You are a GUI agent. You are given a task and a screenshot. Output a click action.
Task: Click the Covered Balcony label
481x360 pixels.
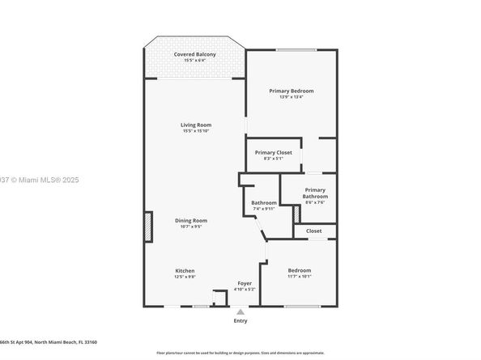[x=194, y=54]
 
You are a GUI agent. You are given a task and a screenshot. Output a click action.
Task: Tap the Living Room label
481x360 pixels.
[x=196, y=124]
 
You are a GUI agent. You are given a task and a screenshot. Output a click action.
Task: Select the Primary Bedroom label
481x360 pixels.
[x=292, y=91]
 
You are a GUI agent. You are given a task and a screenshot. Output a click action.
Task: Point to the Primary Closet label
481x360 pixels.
[x=273, y=152]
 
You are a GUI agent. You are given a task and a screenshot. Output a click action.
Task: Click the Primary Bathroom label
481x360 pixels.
[x=315, y=193]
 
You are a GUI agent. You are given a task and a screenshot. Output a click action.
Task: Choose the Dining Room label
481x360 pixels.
[x=191, y=220]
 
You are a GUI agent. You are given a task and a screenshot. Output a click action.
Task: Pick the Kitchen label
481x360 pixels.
[x=185, y=270]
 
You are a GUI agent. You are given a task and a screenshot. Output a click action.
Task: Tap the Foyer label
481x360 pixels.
[x=245, y=283]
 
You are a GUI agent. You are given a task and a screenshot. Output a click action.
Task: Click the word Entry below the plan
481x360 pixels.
[x=240, y=321]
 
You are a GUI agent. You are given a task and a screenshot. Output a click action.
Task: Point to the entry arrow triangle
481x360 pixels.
[x=240, y=311]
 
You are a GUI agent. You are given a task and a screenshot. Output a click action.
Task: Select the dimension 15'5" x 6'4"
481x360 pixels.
[x=194, y=61]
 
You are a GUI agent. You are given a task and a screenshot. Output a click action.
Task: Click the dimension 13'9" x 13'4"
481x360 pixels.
[x=292, y=97]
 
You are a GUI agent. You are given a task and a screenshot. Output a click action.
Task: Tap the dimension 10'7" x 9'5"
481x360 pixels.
[x=191, y=227]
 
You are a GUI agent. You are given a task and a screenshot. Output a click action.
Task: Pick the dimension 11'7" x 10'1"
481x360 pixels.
[x=300, y=277]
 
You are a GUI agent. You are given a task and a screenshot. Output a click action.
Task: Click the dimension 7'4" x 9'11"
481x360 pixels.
[x=263, y=209]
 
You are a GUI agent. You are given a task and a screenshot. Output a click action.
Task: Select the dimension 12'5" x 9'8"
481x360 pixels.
[x=185, y=277]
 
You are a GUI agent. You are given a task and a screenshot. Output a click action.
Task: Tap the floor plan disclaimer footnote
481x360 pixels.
[x=240, y=353]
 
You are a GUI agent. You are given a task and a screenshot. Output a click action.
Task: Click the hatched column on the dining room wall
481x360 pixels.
[x=148, y=227]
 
